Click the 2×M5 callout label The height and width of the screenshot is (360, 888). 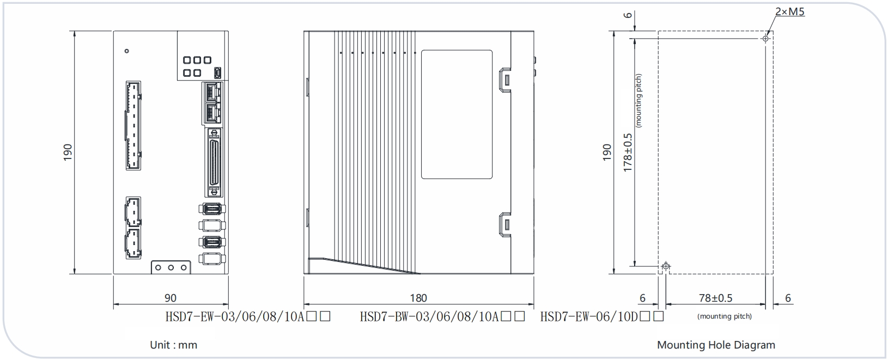click(x=790, y=12)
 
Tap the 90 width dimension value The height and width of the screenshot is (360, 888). click(x=171, y=298)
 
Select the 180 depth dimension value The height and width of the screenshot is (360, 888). click(x=418, y=298)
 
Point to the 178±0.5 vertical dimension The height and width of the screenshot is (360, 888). click(x=628, y=152)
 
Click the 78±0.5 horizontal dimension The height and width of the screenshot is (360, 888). click(x=715, y=298)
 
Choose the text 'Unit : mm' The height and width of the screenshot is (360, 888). click(x=174, y=345)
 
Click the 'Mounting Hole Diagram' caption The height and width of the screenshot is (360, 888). click(x=716, y=345)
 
